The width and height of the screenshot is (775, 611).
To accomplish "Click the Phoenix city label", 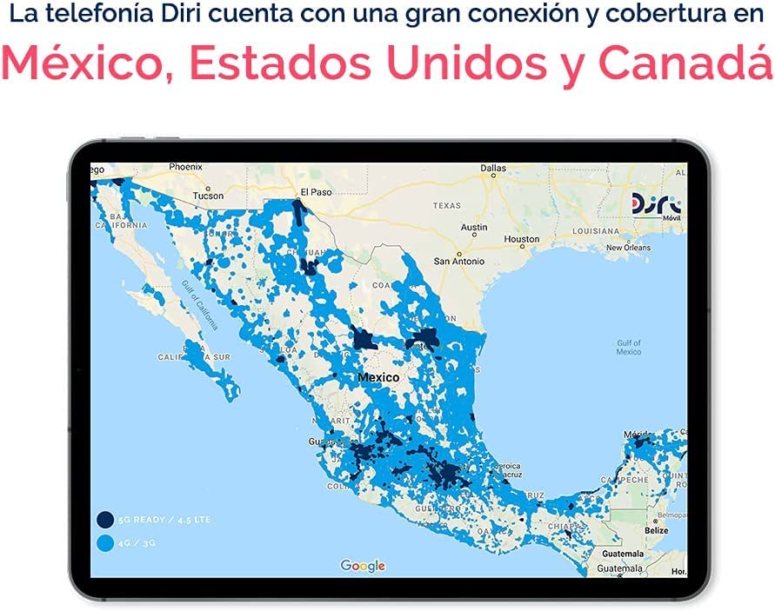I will tap(185, 166).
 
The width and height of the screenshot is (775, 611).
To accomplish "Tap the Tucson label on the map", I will tap(208, 196).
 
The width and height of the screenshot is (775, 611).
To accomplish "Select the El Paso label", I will tap(316, 191).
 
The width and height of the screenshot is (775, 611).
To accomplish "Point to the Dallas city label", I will tap(492, 168).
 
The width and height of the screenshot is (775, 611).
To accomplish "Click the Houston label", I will tap(522, 239).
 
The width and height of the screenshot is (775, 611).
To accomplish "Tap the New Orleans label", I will tap(628, 248).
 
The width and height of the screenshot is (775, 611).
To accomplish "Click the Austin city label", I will tap(474, 227).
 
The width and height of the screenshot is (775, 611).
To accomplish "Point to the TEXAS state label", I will tap(446, 206).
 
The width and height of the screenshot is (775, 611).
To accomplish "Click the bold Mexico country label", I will tap(378, 378).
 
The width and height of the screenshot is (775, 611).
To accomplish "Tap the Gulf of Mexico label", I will tap(628, 347).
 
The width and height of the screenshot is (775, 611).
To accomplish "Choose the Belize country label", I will tap(657, 530).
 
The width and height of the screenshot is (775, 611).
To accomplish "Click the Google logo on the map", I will tap(363, 566).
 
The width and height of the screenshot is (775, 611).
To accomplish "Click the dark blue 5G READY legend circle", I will tap(104, 520).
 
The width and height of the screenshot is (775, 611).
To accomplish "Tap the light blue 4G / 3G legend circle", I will tap(104, 544).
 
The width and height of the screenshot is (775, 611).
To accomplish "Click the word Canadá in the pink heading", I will tap(691, 62).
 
